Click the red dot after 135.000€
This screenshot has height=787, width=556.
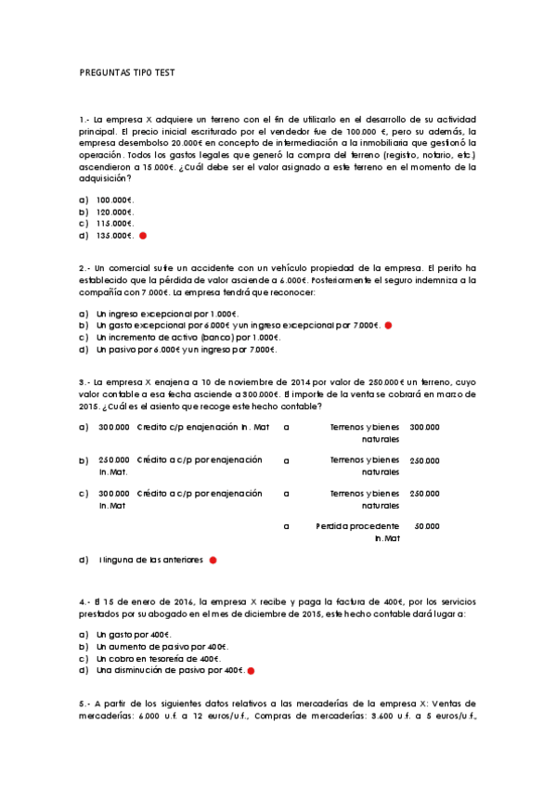pos(143,236)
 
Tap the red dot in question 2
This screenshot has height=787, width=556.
pos(388,326)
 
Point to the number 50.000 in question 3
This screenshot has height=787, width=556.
pos(426,526)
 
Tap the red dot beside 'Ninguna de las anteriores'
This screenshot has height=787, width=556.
pos(213,561)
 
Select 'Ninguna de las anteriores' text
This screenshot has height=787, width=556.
pos(150,561)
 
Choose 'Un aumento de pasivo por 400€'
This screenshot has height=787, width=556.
pos(162,646)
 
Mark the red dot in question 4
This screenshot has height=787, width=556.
pos(251,671)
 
